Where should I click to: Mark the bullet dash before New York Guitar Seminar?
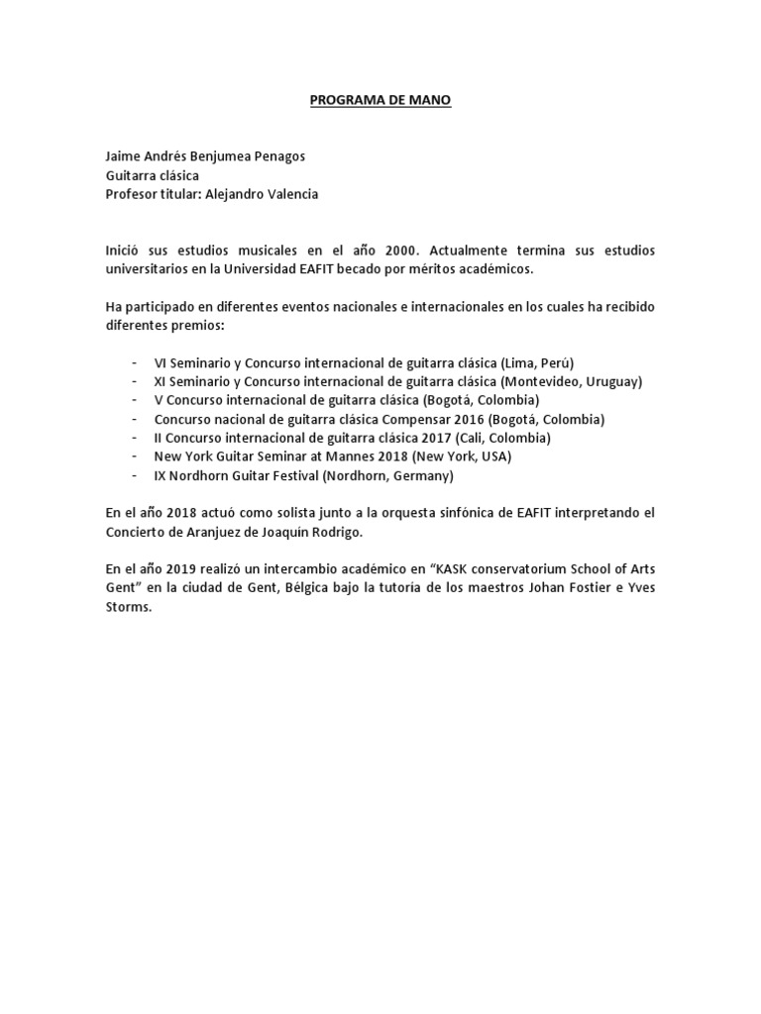(133, 456)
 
